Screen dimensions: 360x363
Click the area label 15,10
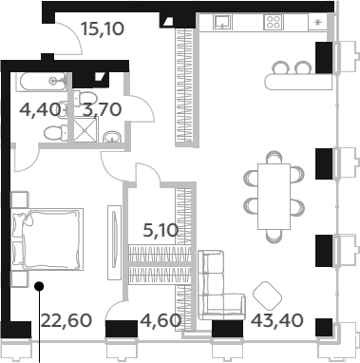[103, 29]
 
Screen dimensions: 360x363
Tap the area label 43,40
[277, 320]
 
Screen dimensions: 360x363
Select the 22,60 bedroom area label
[66, 320]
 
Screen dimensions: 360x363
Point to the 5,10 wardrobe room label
[161, 230]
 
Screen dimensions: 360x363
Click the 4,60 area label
[161, 320]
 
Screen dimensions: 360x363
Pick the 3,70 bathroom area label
[102, 109]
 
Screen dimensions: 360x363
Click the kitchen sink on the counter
[223, 22]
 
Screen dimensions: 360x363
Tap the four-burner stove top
[274, 22]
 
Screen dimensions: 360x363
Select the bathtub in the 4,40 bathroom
[42, 82]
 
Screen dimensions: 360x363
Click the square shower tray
[86, 129]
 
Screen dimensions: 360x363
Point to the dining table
[274, 196]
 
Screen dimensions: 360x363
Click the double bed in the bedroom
[47, 239]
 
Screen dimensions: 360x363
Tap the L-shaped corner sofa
[219, 285]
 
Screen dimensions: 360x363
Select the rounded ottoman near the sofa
[268, 296]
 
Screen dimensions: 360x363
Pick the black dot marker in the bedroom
[39, 286]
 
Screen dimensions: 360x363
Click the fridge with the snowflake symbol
[317, 22]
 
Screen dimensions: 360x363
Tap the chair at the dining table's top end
[274, 157]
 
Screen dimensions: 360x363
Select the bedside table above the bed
[20, 200]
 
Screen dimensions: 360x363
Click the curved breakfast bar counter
[298, 82]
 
